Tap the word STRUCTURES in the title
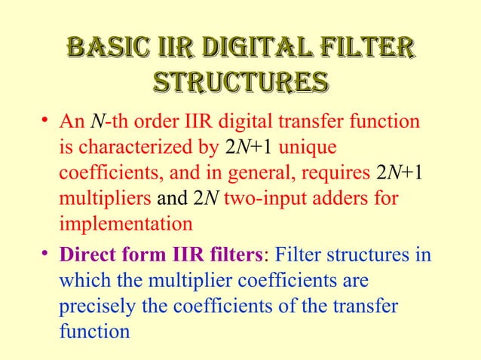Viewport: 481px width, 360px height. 240,81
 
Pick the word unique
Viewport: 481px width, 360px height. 311,148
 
